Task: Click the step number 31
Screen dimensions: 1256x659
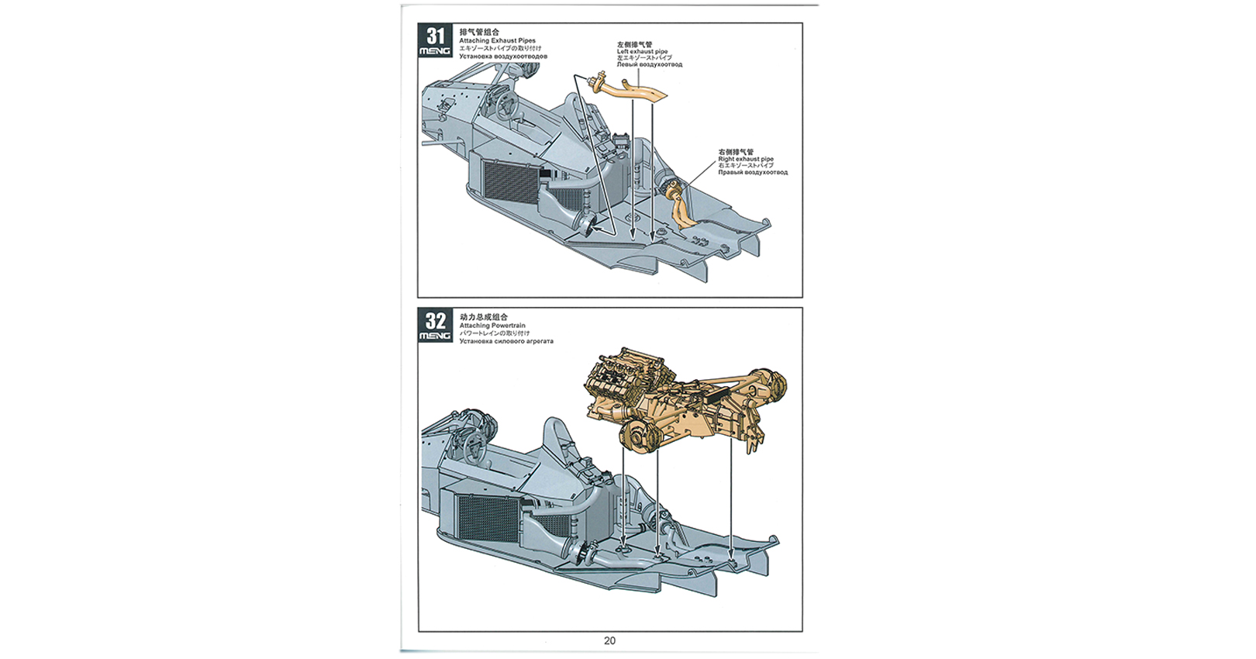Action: [435, 36]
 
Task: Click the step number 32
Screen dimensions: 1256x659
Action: [435, 321]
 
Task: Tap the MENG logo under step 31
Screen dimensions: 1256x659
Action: [435, 52]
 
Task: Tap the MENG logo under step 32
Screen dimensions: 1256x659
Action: [435, 336]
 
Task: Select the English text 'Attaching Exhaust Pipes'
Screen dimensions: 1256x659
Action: [497, 41]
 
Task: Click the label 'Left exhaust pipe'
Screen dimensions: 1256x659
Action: [642, 52]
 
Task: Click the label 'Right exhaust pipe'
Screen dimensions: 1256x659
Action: [746, 159]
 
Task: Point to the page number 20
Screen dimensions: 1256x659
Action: [609, 640]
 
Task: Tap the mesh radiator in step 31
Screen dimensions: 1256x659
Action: [509, 179]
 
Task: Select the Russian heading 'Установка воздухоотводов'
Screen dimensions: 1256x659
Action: [503, 57]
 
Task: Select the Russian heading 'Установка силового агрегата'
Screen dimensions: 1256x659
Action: [506, 341]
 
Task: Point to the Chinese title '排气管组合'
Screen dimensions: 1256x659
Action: [479, 33]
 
